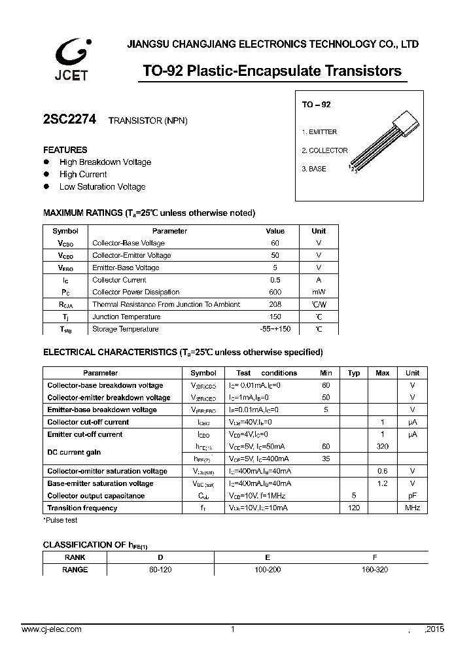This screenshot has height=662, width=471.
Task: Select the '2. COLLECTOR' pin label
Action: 324,150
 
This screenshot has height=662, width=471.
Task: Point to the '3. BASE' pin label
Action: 314,169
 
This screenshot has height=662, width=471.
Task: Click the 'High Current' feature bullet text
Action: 83,174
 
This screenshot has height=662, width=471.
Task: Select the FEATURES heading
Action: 65,150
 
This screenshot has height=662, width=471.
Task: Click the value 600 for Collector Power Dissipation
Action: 275,292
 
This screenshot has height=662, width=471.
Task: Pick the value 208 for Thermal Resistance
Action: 275,304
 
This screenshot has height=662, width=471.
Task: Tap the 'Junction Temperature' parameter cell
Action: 126,317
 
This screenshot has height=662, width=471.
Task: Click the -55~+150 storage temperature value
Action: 275,329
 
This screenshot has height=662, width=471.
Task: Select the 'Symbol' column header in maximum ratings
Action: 65,231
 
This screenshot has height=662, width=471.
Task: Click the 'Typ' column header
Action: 354,373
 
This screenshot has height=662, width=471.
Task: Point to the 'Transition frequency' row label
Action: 82,508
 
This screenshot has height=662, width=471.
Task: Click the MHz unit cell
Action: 412,508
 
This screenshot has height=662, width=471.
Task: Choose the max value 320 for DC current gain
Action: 383,446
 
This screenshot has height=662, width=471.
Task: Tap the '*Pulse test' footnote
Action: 61,520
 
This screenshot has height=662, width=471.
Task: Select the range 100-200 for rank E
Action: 268,570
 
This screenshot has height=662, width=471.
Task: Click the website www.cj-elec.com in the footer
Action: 52,629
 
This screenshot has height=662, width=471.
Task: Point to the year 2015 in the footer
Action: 434,629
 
